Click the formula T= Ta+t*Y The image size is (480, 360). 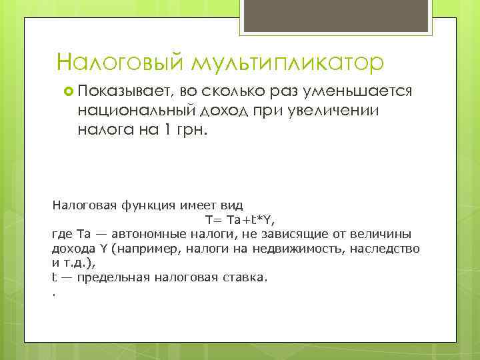coord(240,219)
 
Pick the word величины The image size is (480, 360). coord(383,234)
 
